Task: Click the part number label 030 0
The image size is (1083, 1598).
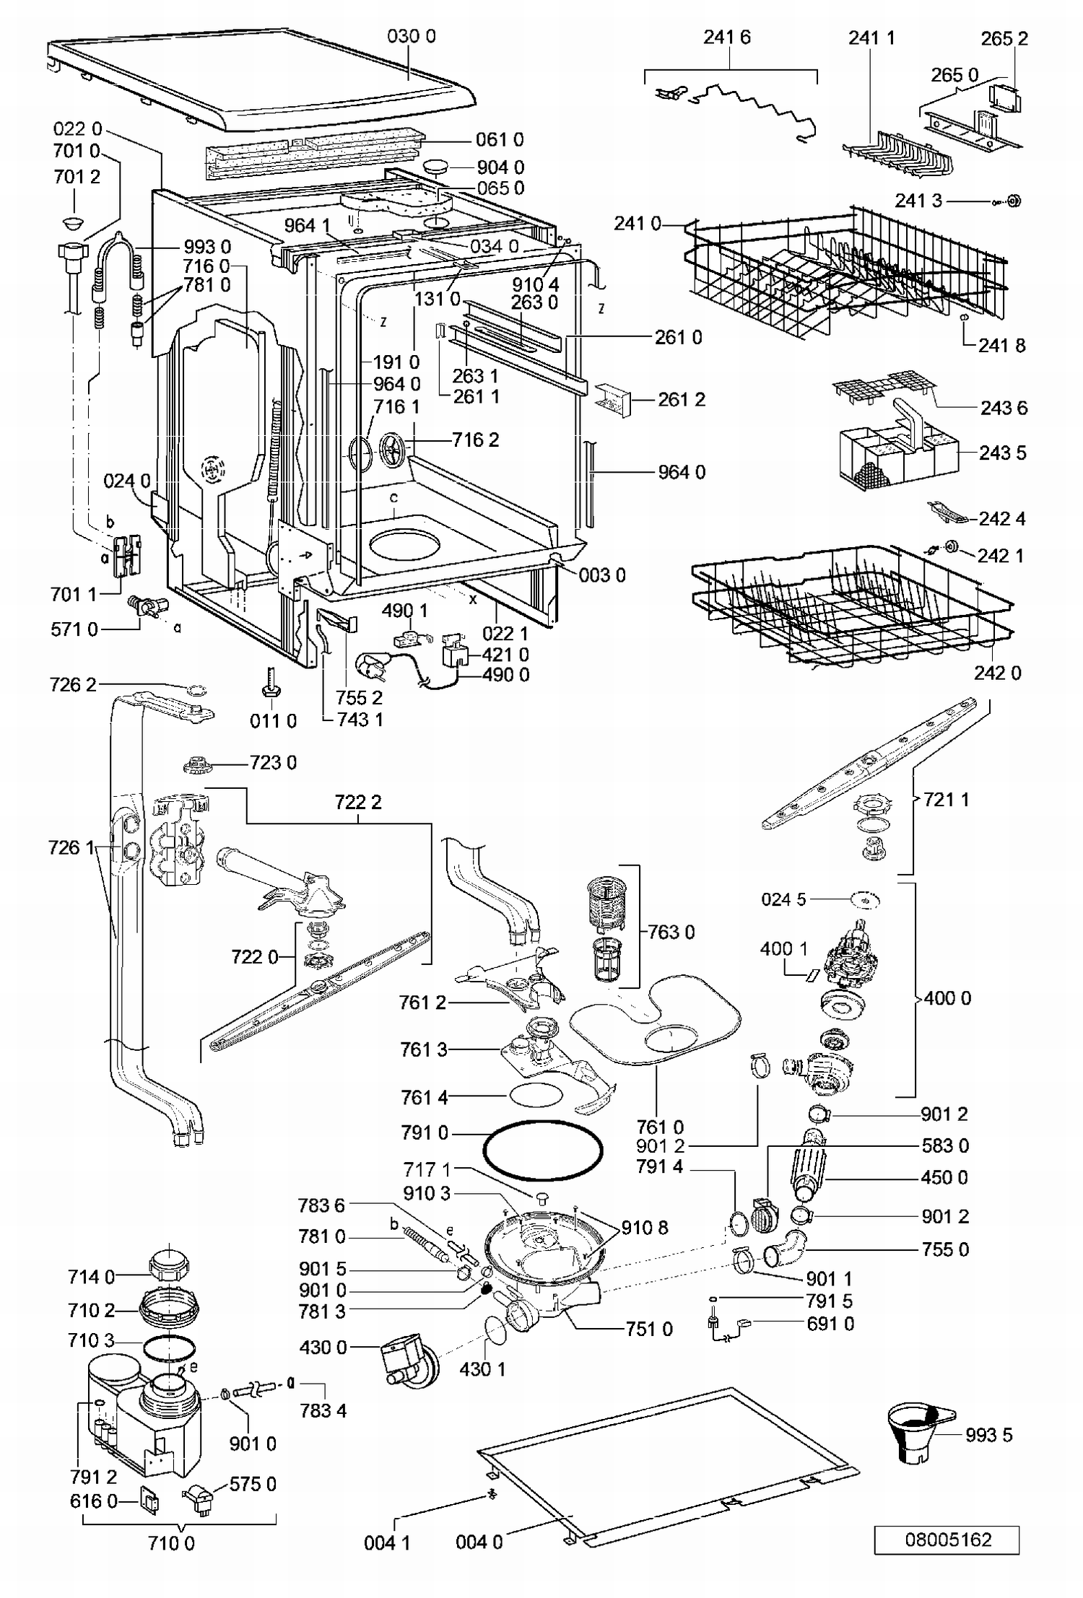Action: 412,36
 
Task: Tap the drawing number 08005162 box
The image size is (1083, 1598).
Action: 947,1539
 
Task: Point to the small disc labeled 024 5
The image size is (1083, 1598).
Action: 866,900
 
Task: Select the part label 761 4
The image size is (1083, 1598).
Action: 425,1099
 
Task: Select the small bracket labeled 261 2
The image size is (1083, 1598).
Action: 613,399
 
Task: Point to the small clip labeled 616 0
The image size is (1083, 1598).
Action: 150,1502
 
